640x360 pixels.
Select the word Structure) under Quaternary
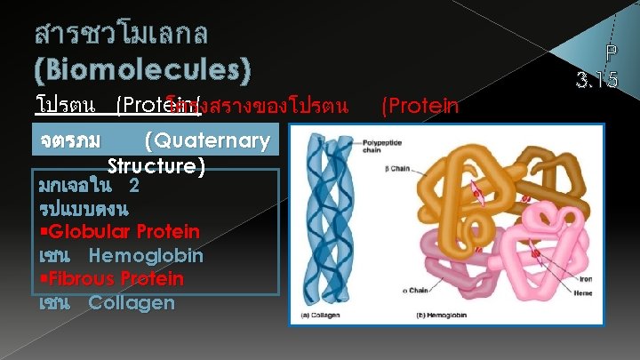(156, 166)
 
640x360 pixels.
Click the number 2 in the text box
(133, 187)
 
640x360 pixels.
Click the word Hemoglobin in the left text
(146, 256)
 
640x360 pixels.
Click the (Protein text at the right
(420, 107)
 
